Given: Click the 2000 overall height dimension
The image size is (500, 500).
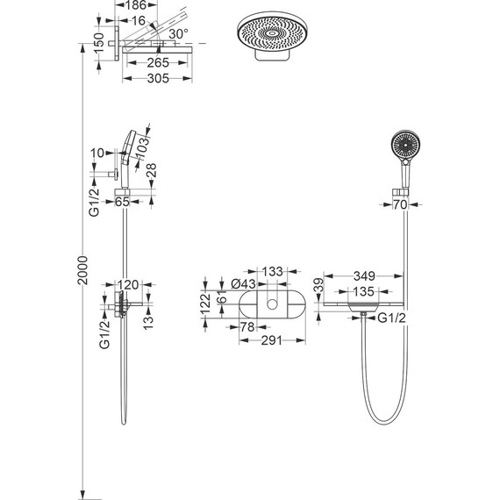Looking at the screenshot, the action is (x=83, y=270).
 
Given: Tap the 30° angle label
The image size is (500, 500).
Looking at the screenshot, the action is (x=178, y=33).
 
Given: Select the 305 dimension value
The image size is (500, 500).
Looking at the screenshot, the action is (x=158, y=78).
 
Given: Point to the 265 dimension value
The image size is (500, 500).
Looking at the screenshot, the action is (x=158, y=63).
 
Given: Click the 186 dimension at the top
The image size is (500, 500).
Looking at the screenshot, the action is (x=135, y=4).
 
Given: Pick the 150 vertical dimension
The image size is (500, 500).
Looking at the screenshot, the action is (x=99, y=42).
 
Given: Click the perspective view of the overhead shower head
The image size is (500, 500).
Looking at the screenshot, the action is (x=272, y=36).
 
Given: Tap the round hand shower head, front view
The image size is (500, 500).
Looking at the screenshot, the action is (x=405, y=145).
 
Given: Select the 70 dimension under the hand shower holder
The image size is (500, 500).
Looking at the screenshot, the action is (x=400, y=204).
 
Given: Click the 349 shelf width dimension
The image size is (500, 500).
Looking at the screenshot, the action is (x=364, y=276).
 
